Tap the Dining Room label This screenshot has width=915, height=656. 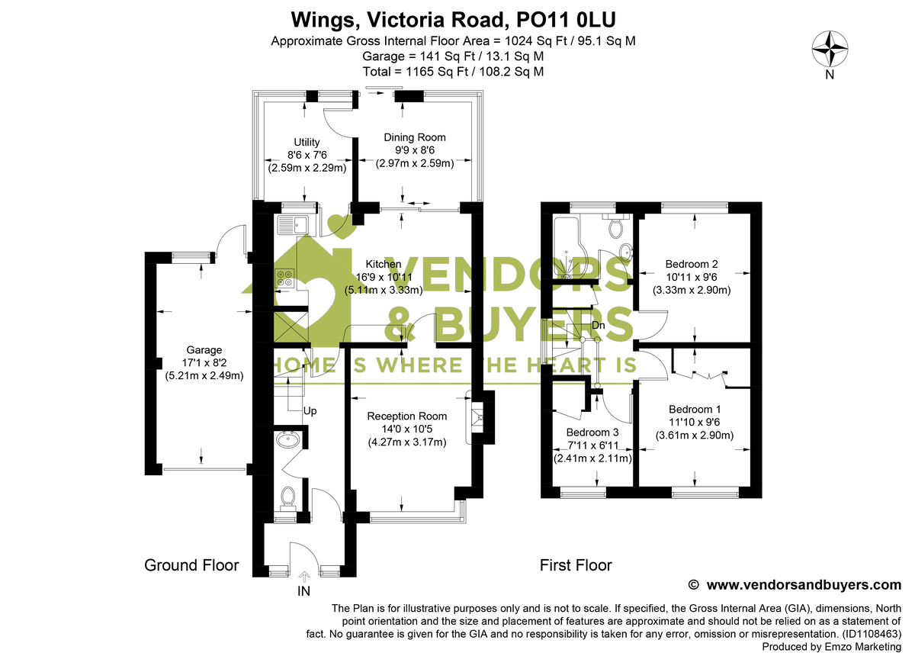pyautogui.click(x=414, y=137)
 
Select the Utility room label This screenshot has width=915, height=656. pyautogui.click(x=307, y=142)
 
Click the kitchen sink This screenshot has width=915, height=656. pyautogui.click(x=291, y=224)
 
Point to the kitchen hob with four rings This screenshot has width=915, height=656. pyautogui.click(x=285, y=279)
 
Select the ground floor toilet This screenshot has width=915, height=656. pyautogui.click(x=288, y=497)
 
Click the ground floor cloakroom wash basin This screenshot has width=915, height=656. pyautogui.click(x=289, y=440)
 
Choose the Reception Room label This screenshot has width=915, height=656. pyautogui.click(x=406, y=416)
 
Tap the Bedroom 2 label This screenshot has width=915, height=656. pyautogui.click(x=692, y=265)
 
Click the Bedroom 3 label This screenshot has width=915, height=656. pyautogui.click(x=592, y=433)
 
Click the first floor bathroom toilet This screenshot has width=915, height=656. pyautogui.click(x=616, y=226)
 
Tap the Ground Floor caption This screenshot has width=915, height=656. pyautogui.click(x=191, y=565)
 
